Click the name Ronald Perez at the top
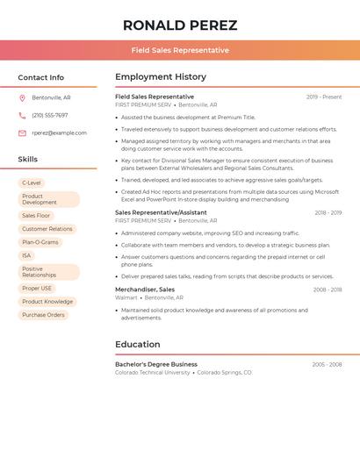pyautogui.click(x=180, y=25)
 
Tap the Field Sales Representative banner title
pyautogui.click(x=180, y=51)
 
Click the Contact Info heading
pyautogui.click(x=41, y=77)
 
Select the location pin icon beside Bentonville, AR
pyautogui.click(x=22, y=97)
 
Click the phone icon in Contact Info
pyautogui.click(x=22, y=115)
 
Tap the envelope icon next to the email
pyautogui.click(x=22, y=133)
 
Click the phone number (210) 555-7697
pyautogui.click(x=50, y=115)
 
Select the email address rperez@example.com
pyautogui.click(x=60, y=133)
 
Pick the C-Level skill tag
pyautogui.click(x=32, y=182)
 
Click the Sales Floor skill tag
pyautogui.click(x=36, y=215)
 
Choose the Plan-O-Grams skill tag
pyautogui.click(x=40, y=242)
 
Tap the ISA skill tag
pyautogui.click(x=26, y=255)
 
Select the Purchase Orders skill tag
pyautogui.click(x=44, y=315)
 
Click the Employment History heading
pyautogui.click(x=161, y=77)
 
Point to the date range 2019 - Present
pyautogui.click(x=324, y=97)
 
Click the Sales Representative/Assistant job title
pyautogui.click(x=161, y=212)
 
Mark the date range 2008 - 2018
pyautogui.click(x=328, y=290)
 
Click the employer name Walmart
pyautogui.click(x=126, y=297)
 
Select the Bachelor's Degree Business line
pyautogui.click(x=156, y=364)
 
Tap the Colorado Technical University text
pyautogui.click(x=153, y=372)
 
